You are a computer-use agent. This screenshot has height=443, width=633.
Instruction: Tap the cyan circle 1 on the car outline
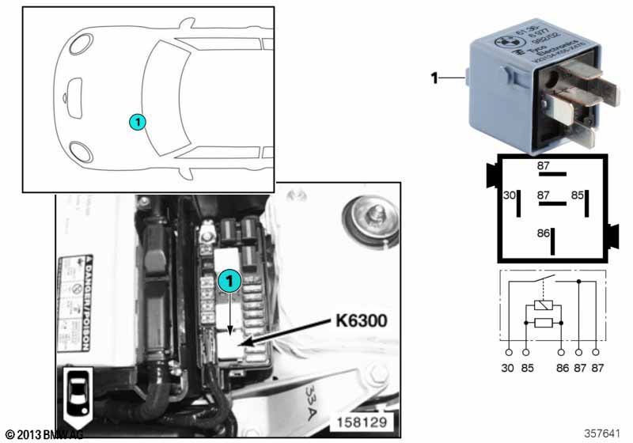point(137,122)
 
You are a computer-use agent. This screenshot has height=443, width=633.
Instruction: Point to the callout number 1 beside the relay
point(434,78)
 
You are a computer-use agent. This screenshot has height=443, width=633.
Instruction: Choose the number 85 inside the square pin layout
point(578,195)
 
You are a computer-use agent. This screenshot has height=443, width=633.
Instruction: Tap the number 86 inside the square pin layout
point(543,234)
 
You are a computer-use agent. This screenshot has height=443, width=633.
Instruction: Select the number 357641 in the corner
point(602,434)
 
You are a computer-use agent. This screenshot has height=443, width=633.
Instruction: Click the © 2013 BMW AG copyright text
point(43,434)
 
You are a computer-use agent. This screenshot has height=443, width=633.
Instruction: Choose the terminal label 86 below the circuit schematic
point(561,368)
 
